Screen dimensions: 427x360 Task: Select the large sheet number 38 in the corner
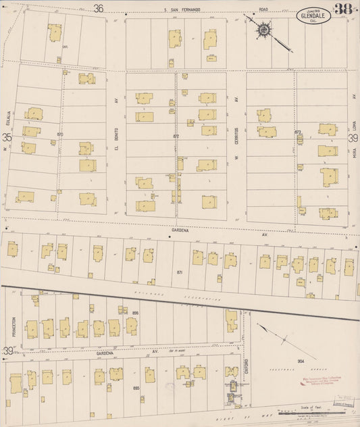344,9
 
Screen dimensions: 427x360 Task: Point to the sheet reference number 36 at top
99,8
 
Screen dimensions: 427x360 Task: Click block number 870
60,134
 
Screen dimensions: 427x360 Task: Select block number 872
176,136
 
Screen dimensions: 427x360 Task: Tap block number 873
297,132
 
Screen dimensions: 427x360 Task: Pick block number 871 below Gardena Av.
180,272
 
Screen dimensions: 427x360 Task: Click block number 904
301,361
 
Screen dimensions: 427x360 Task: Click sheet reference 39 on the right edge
352,138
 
